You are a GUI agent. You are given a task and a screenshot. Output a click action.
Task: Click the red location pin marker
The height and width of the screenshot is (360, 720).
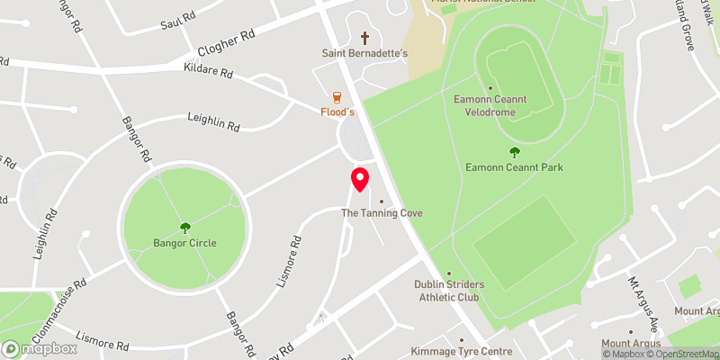360,179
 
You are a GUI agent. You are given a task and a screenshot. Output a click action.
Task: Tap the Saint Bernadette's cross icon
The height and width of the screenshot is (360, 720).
365,38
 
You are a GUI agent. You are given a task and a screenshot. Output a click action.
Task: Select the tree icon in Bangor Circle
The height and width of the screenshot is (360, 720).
185,228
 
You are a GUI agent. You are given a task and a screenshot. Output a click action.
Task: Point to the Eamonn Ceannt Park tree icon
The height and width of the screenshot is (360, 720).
514,152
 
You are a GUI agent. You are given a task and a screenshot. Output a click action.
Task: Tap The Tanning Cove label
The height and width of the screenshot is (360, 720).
382,213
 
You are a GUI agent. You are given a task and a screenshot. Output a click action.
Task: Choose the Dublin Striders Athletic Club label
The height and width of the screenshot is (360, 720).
449,291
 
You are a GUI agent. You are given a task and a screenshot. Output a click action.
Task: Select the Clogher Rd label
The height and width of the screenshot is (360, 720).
225,44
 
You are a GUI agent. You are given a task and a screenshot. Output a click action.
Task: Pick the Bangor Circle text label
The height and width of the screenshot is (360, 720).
184,243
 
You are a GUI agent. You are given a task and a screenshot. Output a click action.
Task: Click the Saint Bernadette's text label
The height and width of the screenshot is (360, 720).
365,53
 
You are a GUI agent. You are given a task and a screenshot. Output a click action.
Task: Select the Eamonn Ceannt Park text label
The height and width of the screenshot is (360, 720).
515,167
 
